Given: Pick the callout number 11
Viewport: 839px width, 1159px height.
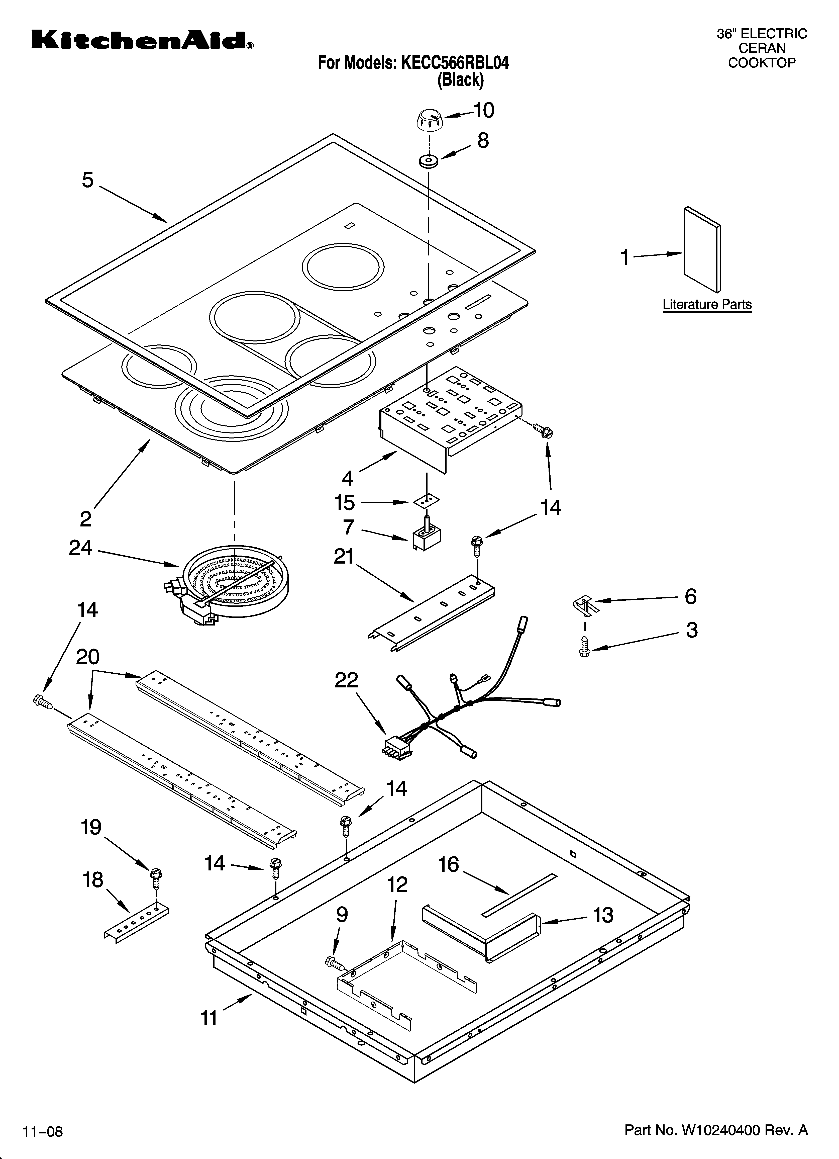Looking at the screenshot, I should pyautogui.click(x=209, y=1018).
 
